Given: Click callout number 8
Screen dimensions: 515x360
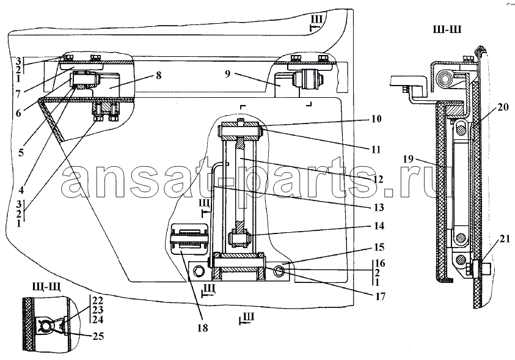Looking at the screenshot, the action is coord(159,75).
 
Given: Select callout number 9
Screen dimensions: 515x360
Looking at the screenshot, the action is coord(228,73).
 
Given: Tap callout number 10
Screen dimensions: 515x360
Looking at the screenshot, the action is coord(376,119).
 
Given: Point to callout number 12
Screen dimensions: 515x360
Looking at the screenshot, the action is coord(378,179).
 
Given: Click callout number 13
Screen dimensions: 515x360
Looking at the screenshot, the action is coord(379,207).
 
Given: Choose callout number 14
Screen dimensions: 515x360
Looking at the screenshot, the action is coord(378,226).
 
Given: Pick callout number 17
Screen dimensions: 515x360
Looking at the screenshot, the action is coord(380,296).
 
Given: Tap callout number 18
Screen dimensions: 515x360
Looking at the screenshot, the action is coord(203,328).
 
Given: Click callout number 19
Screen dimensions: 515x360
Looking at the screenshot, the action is coord(408,160).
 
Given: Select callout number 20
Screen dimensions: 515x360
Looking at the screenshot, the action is coord(503,107).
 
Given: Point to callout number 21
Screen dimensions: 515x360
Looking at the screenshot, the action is coord(505,240).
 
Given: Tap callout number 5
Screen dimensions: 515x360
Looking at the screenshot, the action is coord(21,153).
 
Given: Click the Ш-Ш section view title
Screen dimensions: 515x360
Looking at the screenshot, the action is coord(447,29).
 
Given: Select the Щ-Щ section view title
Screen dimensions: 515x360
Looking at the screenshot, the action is coord(46,288).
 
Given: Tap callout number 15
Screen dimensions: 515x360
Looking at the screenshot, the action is coord(379,248).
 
